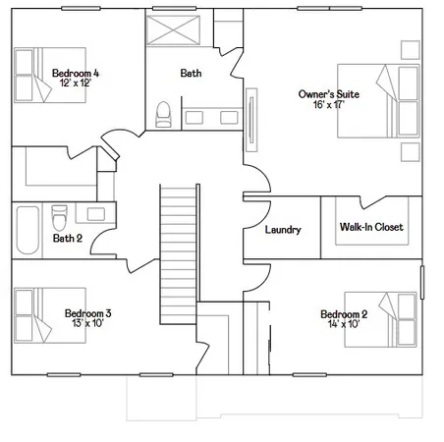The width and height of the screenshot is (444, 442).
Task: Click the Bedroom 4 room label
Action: (x=74, y=74)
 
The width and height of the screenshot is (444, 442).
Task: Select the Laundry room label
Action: (x=283, y=230)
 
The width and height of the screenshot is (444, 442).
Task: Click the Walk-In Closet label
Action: (x=370, y=228)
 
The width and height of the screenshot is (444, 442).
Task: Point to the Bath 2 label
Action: (x=67, y=238)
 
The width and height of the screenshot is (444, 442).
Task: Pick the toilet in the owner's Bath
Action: (x=165, y=115)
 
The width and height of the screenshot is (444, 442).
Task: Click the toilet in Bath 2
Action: (x=60, y=214)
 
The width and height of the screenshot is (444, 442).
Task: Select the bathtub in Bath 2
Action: (x=26, y=230)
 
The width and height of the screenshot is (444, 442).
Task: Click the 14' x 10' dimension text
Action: (x=344, y=325)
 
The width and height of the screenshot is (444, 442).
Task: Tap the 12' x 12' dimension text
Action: (x=74, y=84)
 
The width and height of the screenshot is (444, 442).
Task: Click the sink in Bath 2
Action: (x=95, y=213)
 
